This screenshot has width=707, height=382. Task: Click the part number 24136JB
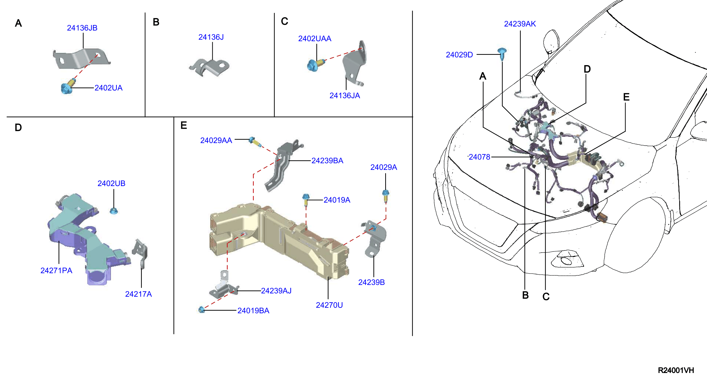point(82,28)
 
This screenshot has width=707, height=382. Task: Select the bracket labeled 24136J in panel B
point(209,67)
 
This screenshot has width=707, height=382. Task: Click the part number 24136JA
point(344,96)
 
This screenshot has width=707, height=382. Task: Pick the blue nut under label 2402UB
point(114,211)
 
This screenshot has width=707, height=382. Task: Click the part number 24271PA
point(56,271)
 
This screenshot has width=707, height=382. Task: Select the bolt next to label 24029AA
point(255,142)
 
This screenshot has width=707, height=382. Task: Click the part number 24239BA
point(327,161)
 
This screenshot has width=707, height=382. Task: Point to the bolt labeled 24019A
point(306,200)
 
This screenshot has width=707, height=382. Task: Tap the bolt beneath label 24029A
point(386,196)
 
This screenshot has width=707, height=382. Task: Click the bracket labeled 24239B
point(374,239)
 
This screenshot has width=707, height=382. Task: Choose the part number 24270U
point(329,305)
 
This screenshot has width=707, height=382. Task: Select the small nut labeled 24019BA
point(201,310)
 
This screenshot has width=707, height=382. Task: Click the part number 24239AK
point(520,24)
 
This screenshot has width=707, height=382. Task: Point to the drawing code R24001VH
point(676,370)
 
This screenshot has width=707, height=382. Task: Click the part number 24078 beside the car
point(479,157)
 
